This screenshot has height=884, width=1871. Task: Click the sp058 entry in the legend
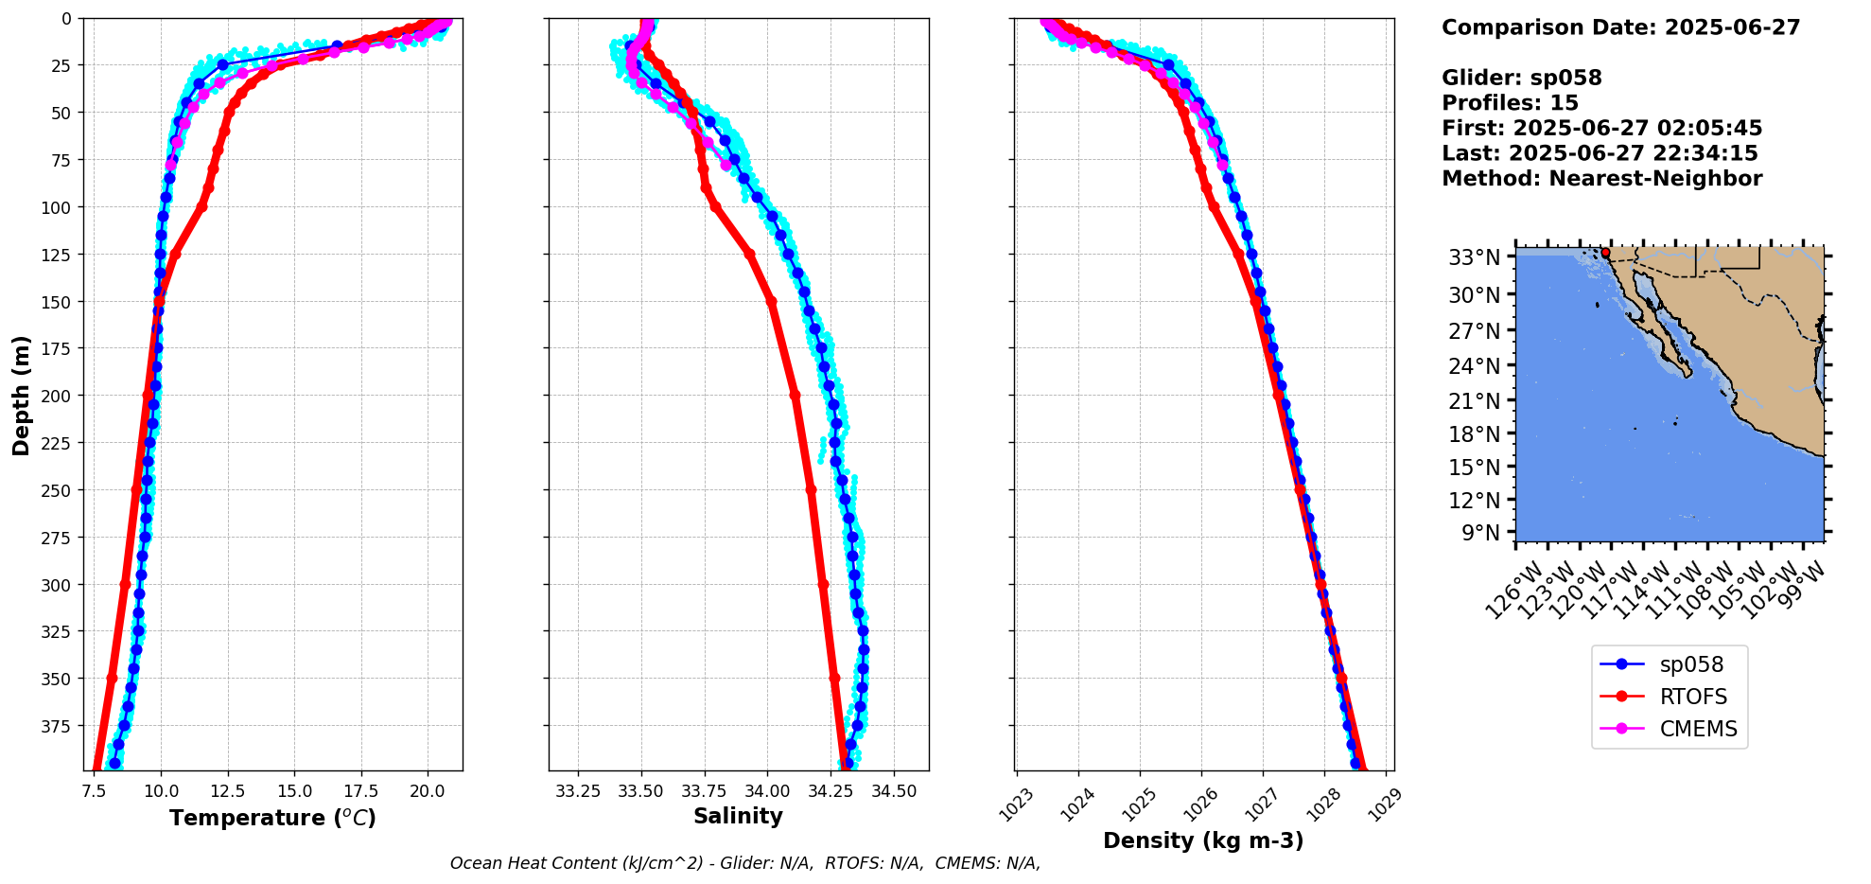coord(1691,664)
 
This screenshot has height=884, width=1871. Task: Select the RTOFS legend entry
coord(1693,697)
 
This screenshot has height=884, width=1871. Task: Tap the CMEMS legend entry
coord(1698,729)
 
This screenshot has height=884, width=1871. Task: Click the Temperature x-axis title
coord(272,818)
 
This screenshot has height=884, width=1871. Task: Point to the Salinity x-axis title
coord(738,816)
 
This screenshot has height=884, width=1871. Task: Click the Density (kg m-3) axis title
coord(1203,840)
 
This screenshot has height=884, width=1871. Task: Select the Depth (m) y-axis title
coord(21,395)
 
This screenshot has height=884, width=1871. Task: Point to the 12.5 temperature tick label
coord(227,790)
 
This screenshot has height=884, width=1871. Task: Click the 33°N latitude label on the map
coord(1474,257)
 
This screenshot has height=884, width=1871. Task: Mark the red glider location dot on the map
coord(1605,253)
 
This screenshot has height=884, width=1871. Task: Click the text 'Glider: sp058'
coord(1521,78)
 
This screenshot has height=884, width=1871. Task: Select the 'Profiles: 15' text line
coord(1510,103)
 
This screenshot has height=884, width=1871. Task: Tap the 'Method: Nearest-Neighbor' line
coord(1601,179)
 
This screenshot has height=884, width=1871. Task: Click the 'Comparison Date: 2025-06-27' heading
coord(1620,27)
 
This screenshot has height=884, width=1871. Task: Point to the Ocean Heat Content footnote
coord(744,863)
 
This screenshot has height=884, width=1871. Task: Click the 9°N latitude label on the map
coord(1480,533)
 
